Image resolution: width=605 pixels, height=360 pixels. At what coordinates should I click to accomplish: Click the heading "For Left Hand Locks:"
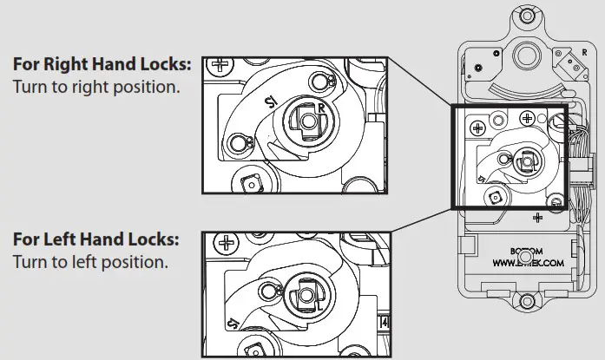[x=96, y=239]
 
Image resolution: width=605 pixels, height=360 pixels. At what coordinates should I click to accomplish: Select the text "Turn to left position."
[x=90, y=261]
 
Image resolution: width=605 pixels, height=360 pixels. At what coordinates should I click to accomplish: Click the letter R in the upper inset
[x=321, y=107]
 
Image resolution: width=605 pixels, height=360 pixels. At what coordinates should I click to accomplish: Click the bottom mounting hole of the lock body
[x=523, y=303]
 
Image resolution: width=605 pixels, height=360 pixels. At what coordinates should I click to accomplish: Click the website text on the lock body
[x=529, y=260]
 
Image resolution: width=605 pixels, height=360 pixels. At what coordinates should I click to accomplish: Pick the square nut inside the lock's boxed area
[x=495, y=197]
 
